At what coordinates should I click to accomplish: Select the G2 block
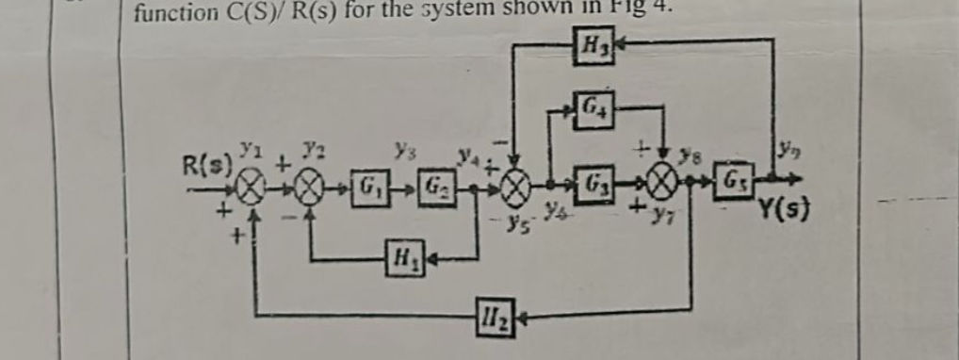coord(436,179)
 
